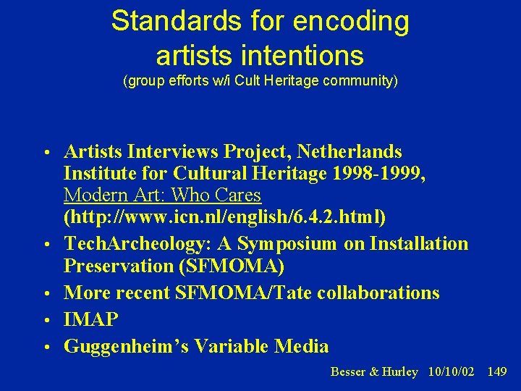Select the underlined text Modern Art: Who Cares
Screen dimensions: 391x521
click(162, 195)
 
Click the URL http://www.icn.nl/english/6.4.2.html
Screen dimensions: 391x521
click(224, 217)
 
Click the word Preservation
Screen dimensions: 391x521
click(118, 266)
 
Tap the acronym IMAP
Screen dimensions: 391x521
click(91, 319)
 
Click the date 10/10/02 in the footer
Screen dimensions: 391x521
click(451, 371)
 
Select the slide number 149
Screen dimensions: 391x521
click(497, 371)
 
